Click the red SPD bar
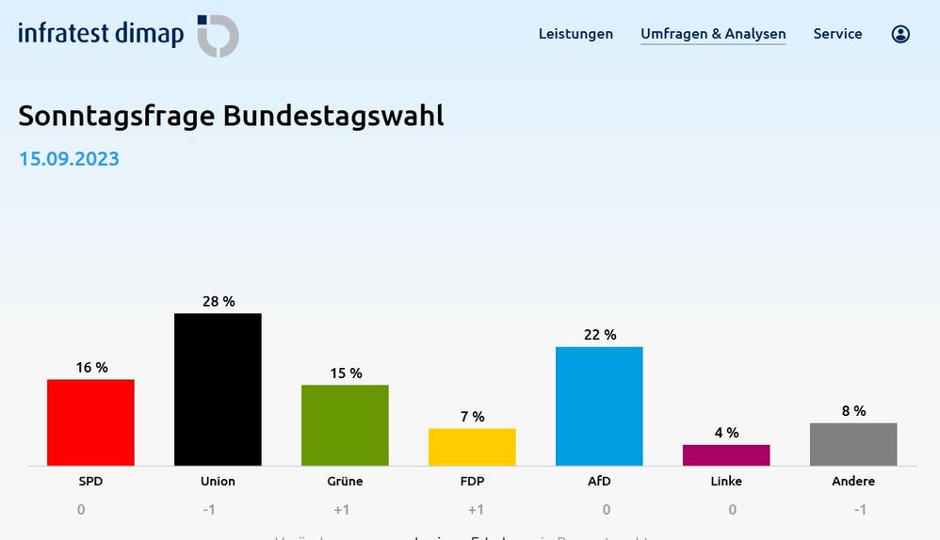pos(90,422)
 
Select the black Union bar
pos(218,389)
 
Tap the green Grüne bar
pos(345,425)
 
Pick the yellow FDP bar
pos(472,447)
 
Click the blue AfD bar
pos(599,406)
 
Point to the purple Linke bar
pos(726,455)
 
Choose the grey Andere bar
pos(853,444)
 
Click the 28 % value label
pos(219,302)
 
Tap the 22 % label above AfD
pos(600,335)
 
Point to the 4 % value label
pos(726,433)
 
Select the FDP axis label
pos(472,481)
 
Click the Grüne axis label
pos(346,481)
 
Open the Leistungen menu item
pos(575,34)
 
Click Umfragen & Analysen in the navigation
pos(713,34)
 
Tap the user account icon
pos(900,35)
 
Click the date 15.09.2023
pos(69,158)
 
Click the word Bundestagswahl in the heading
pos(333,116)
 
